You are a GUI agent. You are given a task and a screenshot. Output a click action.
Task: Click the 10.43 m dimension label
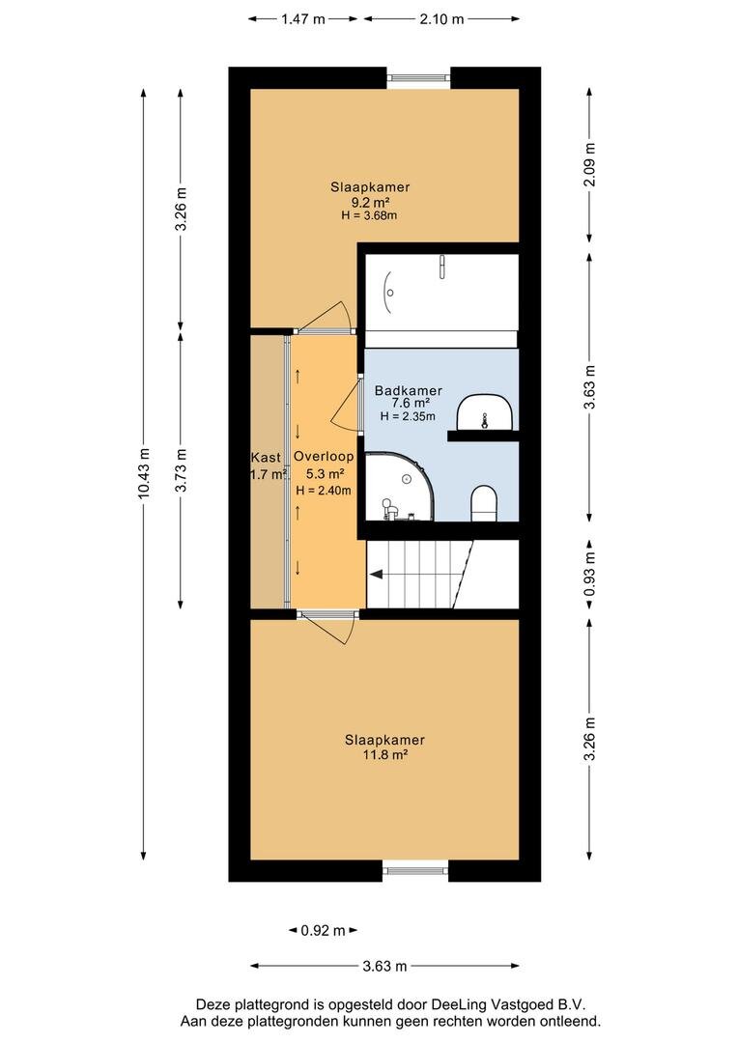click(145, 473)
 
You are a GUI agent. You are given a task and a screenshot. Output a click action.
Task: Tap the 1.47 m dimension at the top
click(302, 19)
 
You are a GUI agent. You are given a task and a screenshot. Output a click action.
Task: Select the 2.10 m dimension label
click(441, 19)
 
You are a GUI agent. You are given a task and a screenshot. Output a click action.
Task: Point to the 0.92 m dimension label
click(323, 931)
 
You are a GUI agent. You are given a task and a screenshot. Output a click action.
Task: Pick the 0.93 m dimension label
click(589, 575)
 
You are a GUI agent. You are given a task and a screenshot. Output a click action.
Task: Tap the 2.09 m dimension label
click(589, 164)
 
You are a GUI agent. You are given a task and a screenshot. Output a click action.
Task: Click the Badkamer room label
click(409, 390)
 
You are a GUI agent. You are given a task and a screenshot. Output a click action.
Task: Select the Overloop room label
click(324, 456)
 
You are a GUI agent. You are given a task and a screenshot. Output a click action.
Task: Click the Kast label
click(266, 458)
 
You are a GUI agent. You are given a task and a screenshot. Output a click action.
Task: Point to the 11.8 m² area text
click(385, 755)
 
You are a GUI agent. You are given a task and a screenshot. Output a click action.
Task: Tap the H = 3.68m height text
click(369, 215)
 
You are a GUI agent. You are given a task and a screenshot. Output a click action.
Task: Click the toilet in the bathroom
click(484, 503)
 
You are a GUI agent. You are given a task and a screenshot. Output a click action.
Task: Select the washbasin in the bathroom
click(485, 411)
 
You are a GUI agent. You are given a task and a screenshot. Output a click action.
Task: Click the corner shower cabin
click(400, 487)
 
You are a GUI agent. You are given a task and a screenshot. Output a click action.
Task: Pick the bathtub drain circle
click(390, 293)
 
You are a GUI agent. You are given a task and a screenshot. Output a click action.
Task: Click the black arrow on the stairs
click(376, 575)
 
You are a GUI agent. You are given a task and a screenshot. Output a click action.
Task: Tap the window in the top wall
click(418, 78)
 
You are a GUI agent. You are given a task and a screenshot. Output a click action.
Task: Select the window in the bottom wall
click(415, 870)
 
